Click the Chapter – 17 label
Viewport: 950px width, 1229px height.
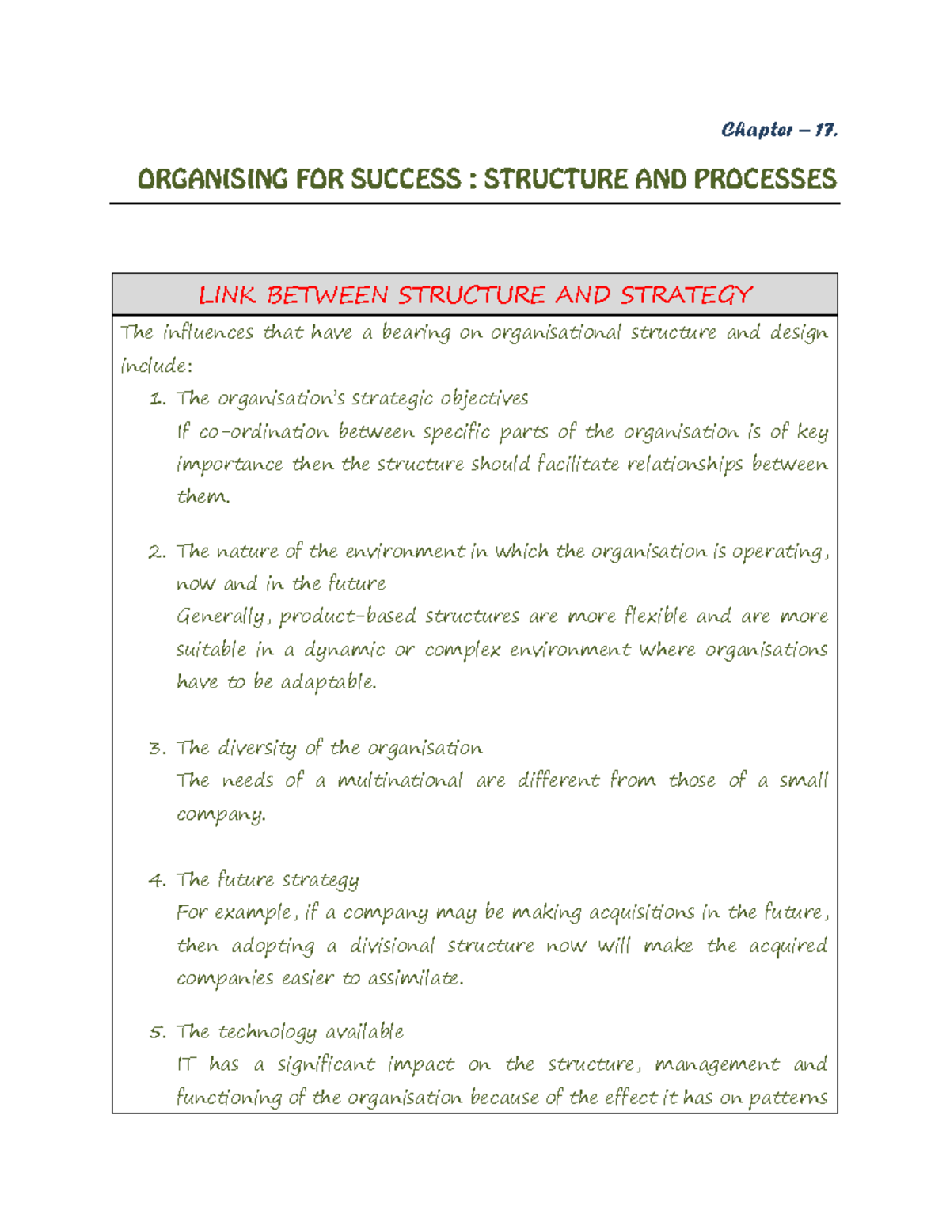[779, 130]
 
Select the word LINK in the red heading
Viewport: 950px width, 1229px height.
[226, 295]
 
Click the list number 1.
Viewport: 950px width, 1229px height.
[157, 399]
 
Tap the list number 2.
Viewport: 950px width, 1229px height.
[157, 552]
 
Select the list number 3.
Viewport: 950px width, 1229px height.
[157, 749]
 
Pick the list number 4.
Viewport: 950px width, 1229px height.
[157, 881]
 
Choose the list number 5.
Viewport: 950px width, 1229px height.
[157, 1033]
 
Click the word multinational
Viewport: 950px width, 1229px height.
[400, 781]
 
